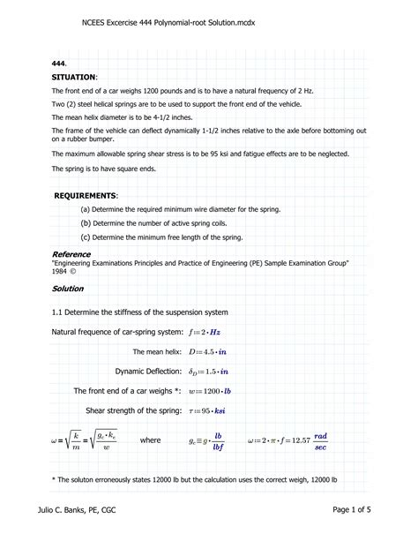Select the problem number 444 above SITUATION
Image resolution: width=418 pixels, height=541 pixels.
(58, 64)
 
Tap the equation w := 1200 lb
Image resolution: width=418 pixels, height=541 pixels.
(215, 390)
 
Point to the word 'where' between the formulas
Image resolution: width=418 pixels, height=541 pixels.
(151, 440)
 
